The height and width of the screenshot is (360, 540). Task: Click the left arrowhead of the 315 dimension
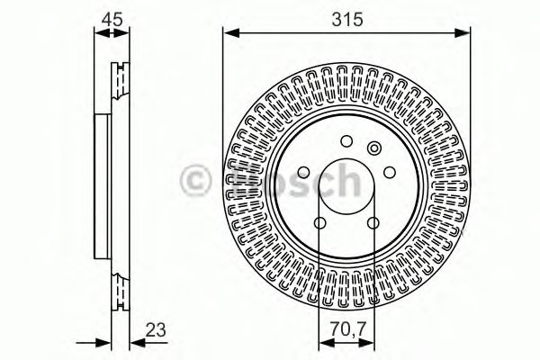[x=230, y=33]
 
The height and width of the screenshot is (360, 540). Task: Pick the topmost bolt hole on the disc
[x=346, y=141]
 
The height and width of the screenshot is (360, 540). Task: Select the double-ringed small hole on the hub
[x=375, y=148]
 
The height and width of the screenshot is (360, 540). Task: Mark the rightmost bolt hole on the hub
[x=390, y=174]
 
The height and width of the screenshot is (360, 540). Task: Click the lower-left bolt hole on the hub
[x=319, y=223]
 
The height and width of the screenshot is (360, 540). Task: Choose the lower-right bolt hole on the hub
[x=373, y=223]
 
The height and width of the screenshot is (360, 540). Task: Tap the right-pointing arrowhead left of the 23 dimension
[x=91, y=340]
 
